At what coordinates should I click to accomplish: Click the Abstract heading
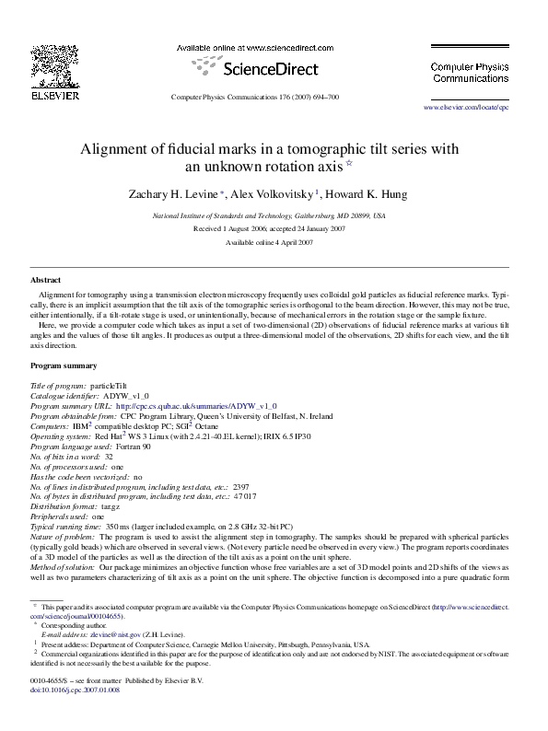click(x=46, y=279)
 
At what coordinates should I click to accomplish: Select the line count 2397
click(x=241, y=486)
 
